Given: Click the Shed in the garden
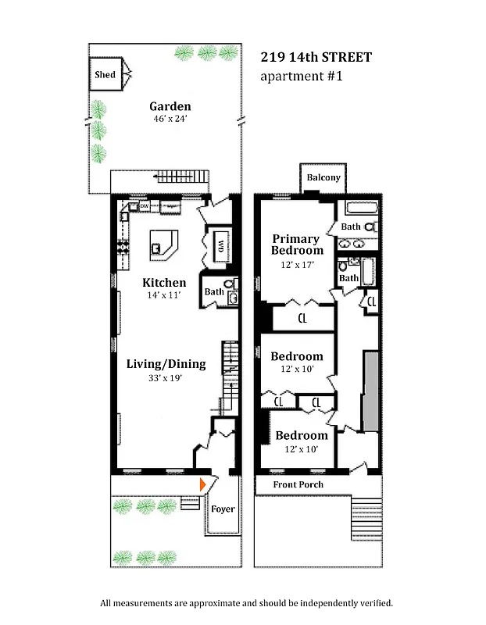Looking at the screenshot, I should coord(105,75).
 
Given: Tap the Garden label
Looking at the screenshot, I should coord(170,107).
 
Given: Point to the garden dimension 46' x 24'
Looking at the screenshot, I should coord(170,120).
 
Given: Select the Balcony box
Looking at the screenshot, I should coord(323,178).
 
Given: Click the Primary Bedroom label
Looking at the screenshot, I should coord(297,245).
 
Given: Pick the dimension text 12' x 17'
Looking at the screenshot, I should coord(297,265).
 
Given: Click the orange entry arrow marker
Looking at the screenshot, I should coord(203,485).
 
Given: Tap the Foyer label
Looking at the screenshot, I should coord(223,509).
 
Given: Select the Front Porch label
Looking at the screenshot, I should coord(298,484).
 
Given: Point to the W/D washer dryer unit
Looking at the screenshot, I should coord(220,245).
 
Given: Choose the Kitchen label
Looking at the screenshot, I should coord(164,283).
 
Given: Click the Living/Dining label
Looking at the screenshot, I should coord(166,364).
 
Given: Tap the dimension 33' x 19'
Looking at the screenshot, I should coord(166,379).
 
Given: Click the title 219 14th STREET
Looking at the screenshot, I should coord(315,57).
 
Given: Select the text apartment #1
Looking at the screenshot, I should coord(301,77).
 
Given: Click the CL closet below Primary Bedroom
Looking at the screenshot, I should coord(302,318).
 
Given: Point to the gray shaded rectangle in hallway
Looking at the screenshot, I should coord(371,391).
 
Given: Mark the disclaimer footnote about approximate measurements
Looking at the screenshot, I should coord(246,603).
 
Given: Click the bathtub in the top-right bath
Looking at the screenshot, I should coord(362,209).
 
